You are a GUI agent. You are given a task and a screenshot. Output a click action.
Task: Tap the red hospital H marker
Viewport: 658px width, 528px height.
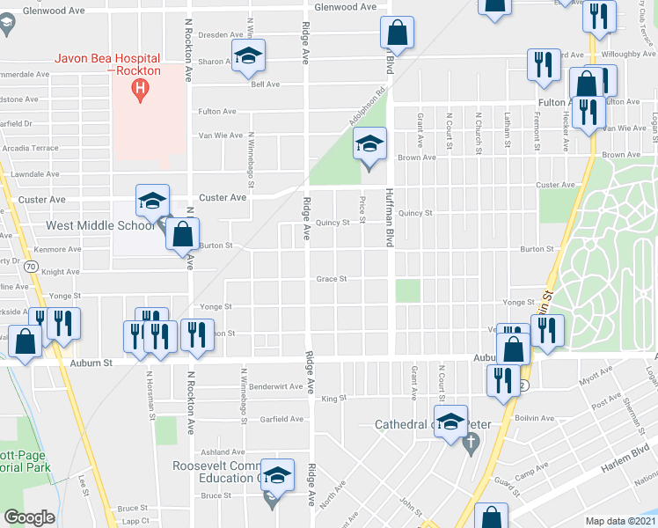(138, 87)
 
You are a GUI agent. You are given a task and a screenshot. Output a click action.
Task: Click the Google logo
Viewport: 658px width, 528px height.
(29, 517)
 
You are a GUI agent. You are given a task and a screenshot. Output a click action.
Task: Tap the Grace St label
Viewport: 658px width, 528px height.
(332, 280)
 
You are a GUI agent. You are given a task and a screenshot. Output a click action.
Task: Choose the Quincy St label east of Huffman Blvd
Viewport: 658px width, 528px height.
(415, 213)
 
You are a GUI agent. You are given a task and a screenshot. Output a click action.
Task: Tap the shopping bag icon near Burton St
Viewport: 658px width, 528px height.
(182, 236)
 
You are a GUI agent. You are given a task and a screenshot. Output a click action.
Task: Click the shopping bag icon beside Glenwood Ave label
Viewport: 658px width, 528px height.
(397, 33)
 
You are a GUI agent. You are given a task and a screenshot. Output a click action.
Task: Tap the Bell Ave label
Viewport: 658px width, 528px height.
(265, 84)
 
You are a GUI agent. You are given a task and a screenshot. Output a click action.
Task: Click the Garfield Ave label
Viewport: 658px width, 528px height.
(281, 419)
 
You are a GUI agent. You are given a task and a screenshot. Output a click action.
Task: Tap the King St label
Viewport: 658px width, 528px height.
(333, 399)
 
